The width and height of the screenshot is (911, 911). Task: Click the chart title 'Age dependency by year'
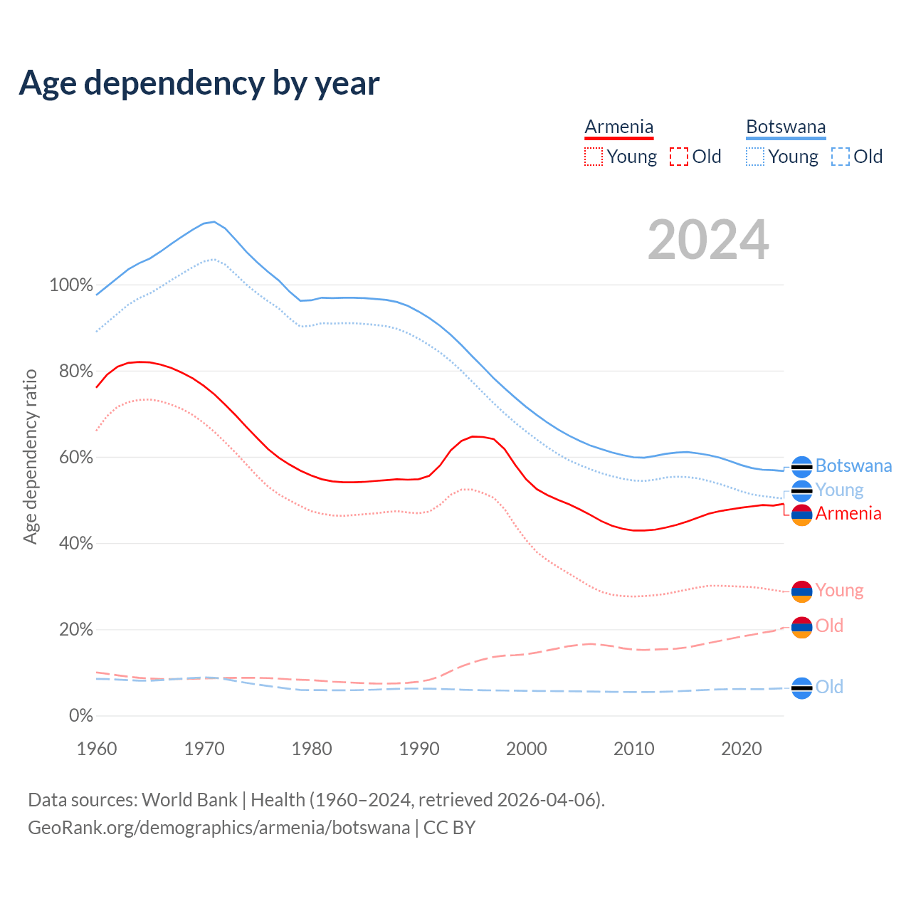(x=199, y=83)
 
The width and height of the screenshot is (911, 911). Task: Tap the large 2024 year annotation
(x=708, y=240)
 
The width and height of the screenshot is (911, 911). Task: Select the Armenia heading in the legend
(x=618, y=127)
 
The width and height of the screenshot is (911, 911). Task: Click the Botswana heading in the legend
(x=786, y=127)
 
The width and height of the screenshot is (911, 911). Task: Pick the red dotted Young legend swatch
(x=593, y=157)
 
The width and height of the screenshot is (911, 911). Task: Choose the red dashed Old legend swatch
(x=679, y=157)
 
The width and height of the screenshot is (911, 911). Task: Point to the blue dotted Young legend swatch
(x=755, y=157)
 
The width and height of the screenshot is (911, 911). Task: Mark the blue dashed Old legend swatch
(x=841, y=157)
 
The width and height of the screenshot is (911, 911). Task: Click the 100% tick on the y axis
(x=71, y=285)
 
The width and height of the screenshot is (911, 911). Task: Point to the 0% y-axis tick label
(x=81, y=716)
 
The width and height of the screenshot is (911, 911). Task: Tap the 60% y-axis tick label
(x=75, y=458)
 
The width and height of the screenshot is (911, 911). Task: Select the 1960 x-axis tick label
(x=97, y=749)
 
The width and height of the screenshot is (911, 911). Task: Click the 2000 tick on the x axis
(x=527, y=749)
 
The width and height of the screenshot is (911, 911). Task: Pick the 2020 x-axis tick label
(x=742, y=749)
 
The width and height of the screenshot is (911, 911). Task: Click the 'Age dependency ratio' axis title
(x=30, y=457)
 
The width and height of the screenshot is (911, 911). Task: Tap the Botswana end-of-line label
(x=853, y=466)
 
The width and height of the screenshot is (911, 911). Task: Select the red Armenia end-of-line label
(x=848, y=514)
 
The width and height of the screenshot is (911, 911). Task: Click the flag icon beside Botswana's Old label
(x=801, y=688)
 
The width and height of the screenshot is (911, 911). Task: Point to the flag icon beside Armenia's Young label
(x=801, y=591)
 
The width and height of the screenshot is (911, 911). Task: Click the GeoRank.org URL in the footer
(x=219, y=828)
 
